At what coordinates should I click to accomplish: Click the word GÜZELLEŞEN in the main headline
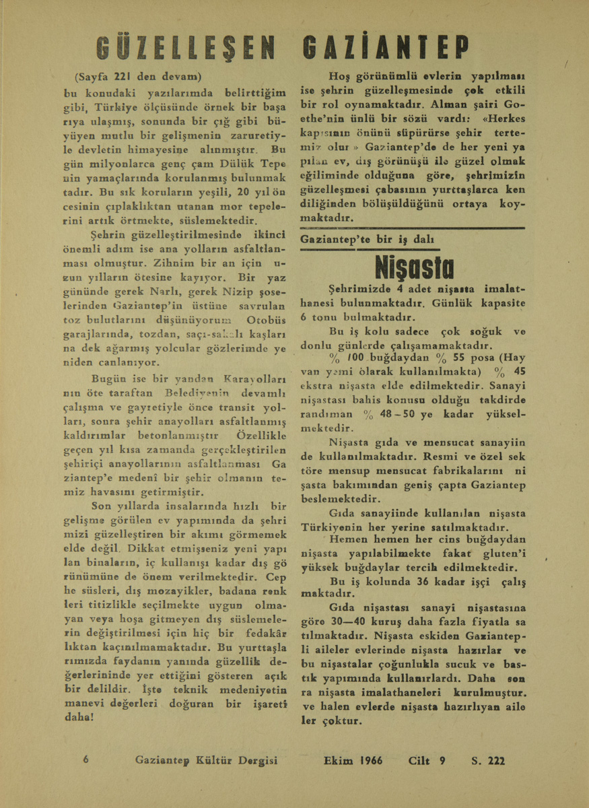coord(188,48)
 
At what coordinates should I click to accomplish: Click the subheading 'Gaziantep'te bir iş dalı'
coord(367,240)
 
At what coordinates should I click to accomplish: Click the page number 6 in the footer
coord(86,759)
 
